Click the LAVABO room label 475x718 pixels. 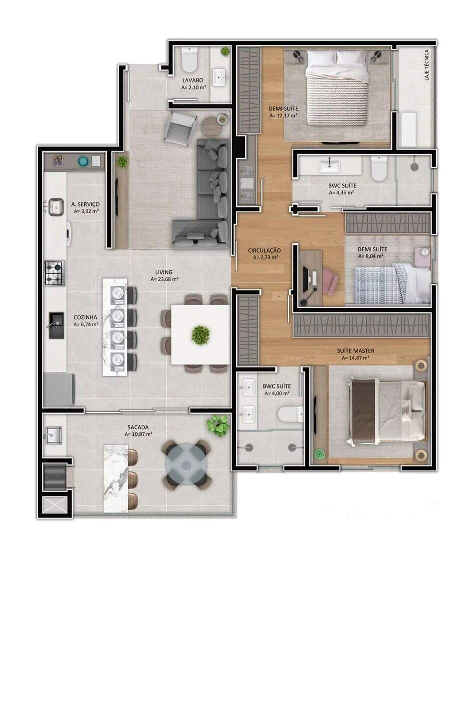tap(193, 80)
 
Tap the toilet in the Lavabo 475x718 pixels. tap(189, 60)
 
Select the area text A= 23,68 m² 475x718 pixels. tap(165, 279)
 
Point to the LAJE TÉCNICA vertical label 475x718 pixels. tap(427, 65)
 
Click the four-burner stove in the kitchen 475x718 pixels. tap(54, 273)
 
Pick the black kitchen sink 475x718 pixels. tap(56, 326)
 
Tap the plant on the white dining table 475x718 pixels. tap(201, 335)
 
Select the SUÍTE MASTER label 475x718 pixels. tap(355, 351)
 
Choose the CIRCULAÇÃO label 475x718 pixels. tap(264, 250)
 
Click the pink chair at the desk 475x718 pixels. tap(330, 281)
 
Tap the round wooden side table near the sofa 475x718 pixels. tap(212, 127)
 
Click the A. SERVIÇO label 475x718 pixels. tap(85, 204)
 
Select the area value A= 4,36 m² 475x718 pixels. tap(341, 192)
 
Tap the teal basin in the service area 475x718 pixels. tap(84, 161)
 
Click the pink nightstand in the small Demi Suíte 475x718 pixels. tap(423, 257)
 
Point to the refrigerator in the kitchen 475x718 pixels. tap(59, 390)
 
